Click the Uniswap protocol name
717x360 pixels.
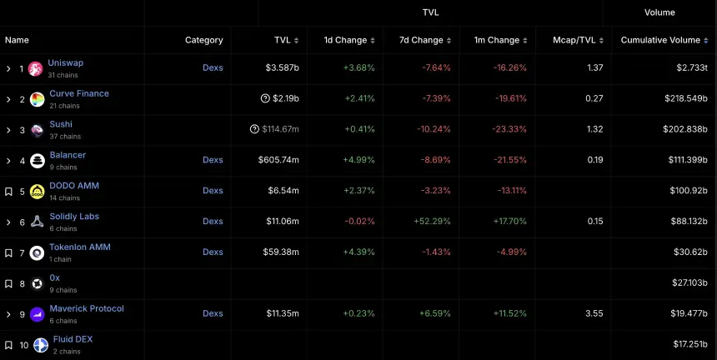66,62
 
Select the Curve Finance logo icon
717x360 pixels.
37,100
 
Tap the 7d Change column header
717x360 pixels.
421,40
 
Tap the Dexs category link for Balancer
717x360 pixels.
213,160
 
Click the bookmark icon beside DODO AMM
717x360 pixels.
8,192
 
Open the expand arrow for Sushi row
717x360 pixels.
8,130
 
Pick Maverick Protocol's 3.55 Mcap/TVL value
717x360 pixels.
594,313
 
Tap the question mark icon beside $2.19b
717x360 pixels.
265,98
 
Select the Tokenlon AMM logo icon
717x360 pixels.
37,253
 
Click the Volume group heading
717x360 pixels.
659,12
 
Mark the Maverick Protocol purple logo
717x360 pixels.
37,315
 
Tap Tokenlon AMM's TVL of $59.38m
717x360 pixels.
281,252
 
